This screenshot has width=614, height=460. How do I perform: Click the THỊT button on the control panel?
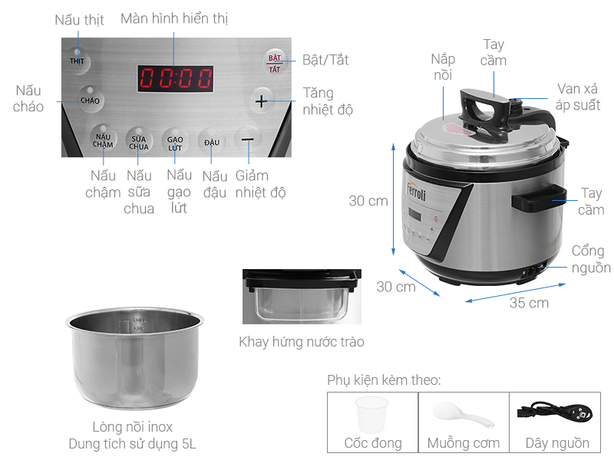point(77,61)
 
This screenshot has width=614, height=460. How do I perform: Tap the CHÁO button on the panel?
point(91,100)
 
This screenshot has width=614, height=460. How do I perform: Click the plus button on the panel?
point(262,100)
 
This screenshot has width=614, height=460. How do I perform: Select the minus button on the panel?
point(247,140)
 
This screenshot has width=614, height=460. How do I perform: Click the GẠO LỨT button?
point(176,142)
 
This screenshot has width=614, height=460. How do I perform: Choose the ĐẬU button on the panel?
point(211,142)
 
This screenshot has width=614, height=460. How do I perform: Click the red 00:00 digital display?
point(176,78)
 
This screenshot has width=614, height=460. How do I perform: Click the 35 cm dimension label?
point(530,303)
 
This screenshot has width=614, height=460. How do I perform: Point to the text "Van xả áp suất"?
point(579,97)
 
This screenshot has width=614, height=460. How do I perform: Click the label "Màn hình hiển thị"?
point(174,18)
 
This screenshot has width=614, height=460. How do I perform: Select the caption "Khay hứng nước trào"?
point(302,341)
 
